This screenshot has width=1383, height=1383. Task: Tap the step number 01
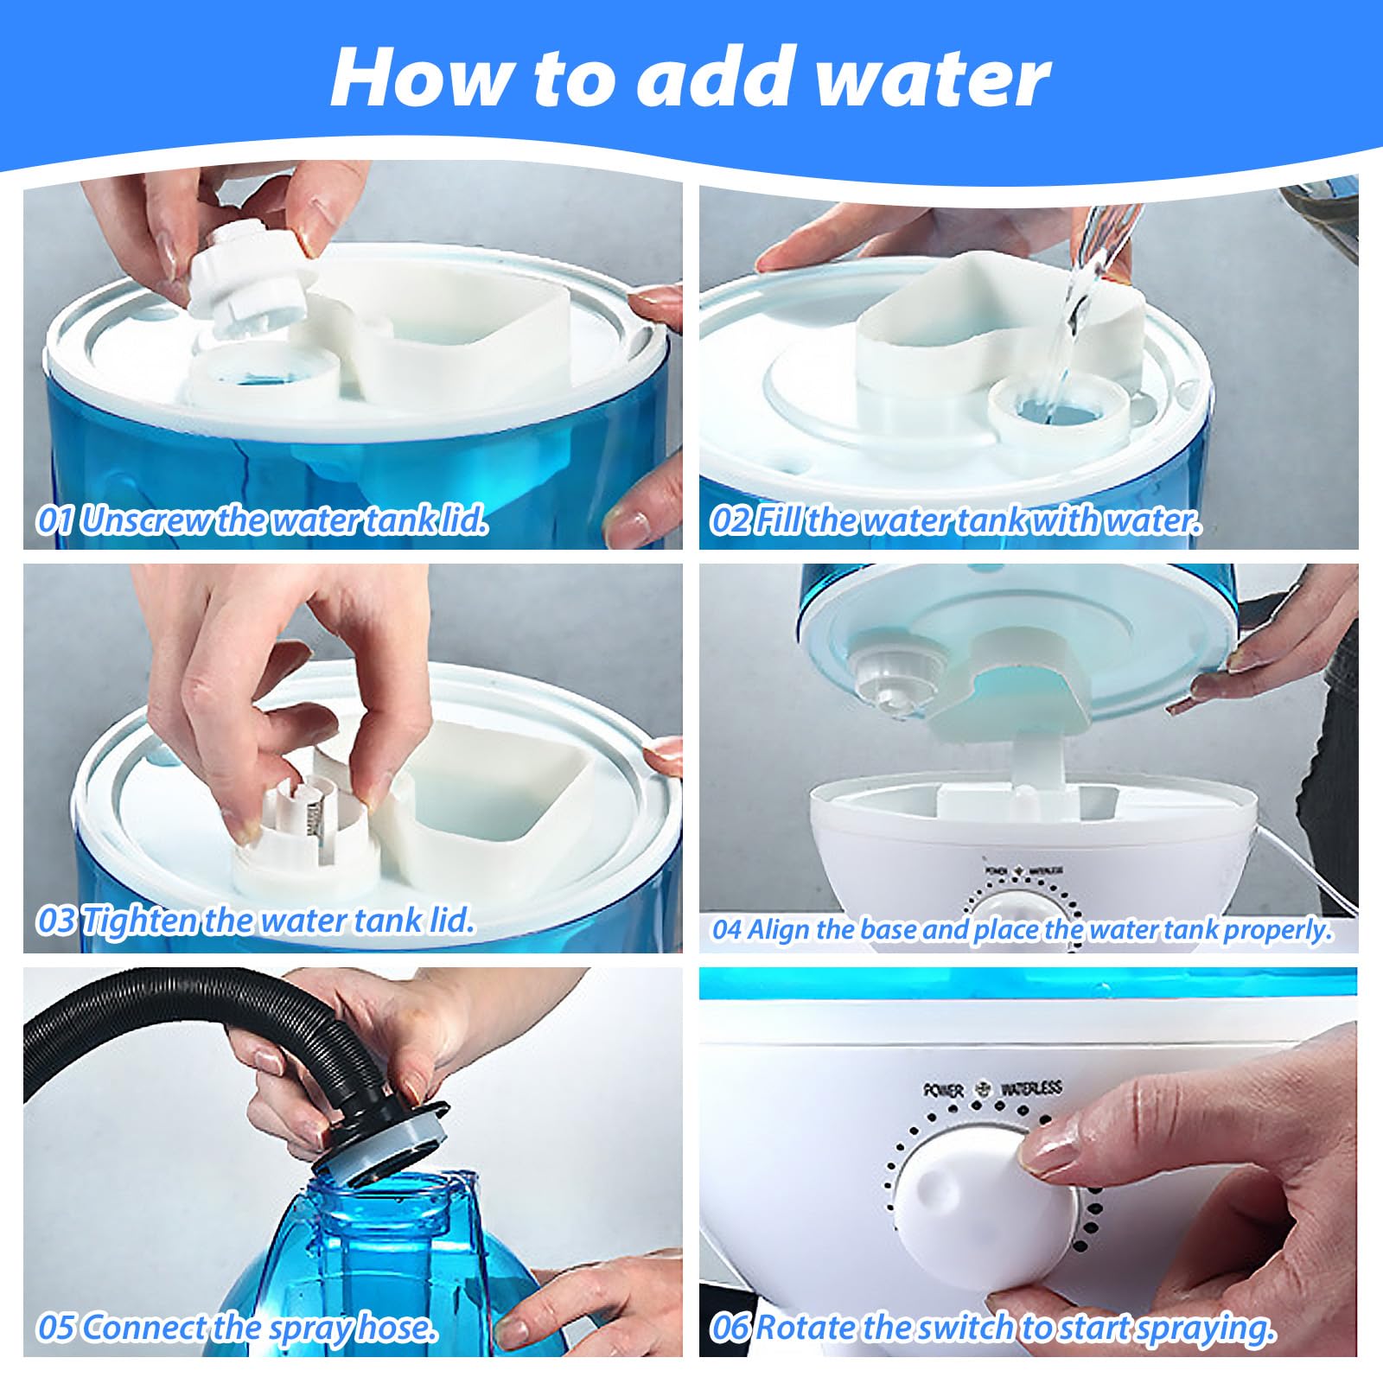(x=54, y=520)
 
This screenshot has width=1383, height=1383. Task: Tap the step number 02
(x=730, y=520)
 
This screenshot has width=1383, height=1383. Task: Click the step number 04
(x=727, y=930)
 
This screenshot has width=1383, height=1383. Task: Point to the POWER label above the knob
(x=943, y=1090)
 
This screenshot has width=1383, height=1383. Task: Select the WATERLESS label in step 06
(x=1030, y=1088)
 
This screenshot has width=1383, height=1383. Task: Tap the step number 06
(x=730, y=1328)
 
